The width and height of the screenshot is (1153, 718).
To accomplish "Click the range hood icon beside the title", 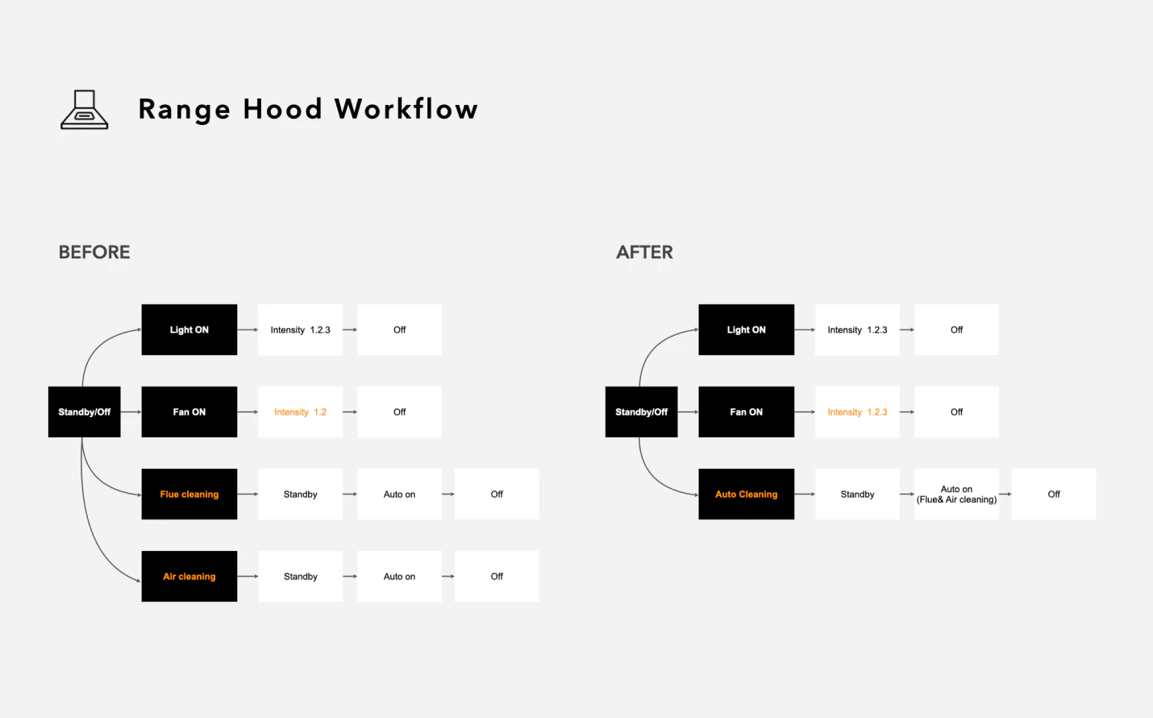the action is pyautogui.click(x=85, y=109).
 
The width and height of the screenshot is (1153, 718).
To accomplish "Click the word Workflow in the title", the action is pyautogui.click(x=406, y=109).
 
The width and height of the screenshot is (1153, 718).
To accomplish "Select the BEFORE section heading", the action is pyautogui.click(x=94, y=252).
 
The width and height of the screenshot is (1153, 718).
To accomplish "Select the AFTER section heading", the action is pyautogui.click(x=644, y=252).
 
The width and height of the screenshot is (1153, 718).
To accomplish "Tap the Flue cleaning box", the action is pyautogui.click(x=189, y=494).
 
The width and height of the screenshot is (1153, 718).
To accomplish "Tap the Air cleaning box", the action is pyautogui.click(x=189, y=576).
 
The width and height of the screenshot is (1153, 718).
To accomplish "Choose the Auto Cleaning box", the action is pyautogui.click(x=747, y=494).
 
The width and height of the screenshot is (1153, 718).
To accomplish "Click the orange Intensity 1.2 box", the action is pyautogui.click(x=300, y=412).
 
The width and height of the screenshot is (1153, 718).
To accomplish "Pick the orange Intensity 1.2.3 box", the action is pyautogui.click(x=858, y=412).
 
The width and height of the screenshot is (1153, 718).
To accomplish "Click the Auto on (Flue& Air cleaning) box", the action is pyautogui.click(x=956, y=494).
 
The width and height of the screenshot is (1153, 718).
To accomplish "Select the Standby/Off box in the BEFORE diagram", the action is pyautogui.click(x=85, y=412).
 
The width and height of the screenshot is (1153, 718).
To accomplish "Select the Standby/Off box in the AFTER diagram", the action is pyautogui.click(x=641, y=412).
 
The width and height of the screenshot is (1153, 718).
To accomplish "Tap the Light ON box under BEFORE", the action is pyautogui.click(x=189, y=330).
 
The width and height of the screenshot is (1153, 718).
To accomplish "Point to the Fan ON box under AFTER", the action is pyautogui.click(x=747, y=412).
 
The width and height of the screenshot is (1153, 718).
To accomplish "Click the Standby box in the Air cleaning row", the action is pyautogui.click(x=300, y=576).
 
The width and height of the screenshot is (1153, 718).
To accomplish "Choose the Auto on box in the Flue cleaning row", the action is pyautogui.click(x=399, y=494).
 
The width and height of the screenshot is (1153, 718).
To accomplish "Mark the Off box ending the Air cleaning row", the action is pyautogui.click(x=497, y=576).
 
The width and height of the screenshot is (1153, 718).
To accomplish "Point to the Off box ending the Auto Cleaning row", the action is pyautogui.click(x=1054, y=494).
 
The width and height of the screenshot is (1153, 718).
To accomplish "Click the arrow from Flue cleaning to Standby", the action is pyautogui.click(x=248, y=494).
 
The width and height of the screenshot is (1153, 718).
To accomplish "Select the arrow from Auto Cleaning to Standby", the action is pyautogui.click(x=805, y=494).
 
